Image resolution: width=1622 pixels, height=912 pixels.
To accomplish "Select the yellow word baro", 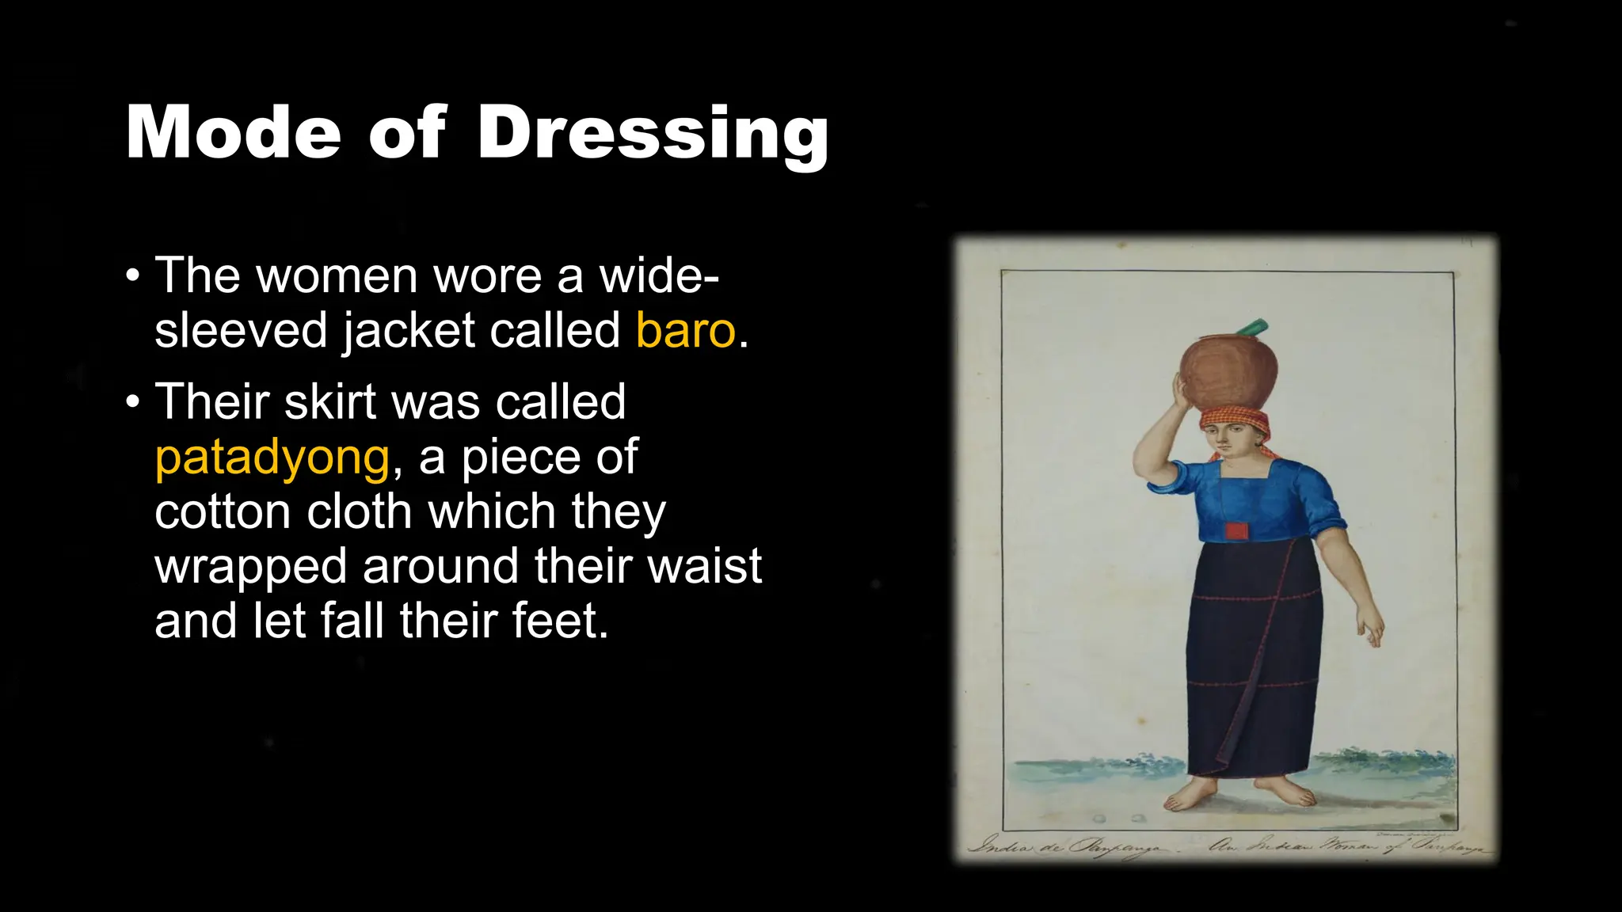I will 686,330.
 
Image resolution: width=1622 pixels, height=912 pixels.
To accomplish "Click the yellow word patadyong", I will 272,457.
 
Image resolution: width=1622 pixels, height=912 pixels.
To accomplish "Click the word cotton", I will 223,511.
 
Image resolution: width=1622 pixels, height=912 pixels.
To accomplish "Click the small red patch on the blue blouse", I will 1234,530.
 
